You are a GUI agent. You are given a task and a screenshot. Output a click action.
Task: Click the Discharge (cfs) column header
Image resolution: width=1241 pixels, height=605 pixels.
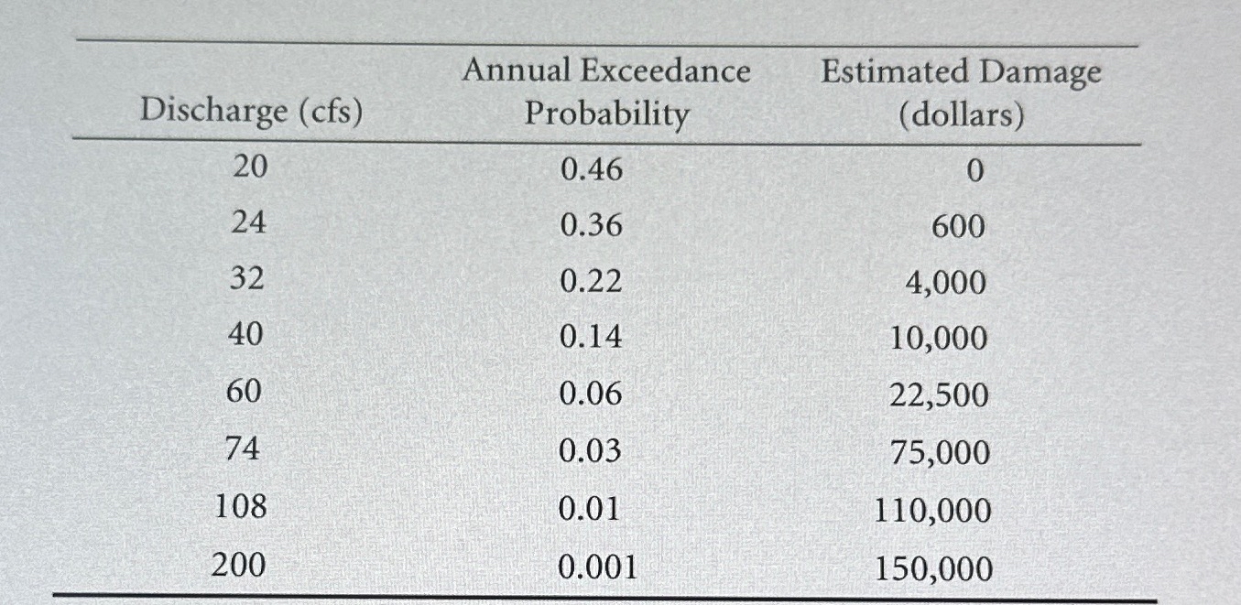(250, 112)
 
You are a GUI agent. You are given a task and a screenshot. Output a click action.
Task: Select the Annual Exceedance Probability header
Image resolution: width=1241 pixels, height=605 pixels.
(605, 92)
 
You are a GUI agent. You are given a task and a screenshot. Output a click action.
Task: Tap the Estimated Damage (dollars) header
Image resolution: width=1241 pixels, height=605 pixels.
(961, 92)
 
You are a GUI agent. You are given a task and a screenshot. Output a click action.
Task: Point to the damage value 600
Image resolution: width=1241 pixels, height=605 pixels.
(959, 226)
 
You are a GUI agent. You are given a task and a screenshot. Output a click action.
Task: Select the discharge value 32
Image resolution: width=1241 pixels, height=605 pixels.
(246, 280)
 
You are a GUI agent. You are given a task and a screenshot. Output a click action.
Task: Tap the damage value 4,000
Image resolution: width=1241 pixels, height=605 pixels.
(947, 283)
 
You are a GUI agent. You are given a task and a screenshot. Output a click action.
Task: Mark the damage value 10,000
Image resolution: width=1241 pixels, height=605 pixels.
(940, 340)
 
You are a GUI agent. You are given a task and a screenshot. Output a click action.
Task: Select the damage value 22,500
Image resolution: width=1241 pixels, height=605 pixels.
(940, 396)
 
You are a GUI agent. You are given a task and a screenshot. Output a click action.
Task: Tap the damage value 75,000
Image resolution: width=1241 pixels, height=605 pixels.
(940, 453)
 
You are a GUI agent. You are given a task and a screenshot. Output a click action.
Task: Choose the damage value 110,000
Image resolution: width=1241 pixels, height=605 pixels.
(934, 511)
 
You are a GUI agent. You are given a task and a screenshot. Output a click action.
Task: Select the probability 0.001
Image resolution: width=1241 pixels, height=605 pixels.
(597, 567)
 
